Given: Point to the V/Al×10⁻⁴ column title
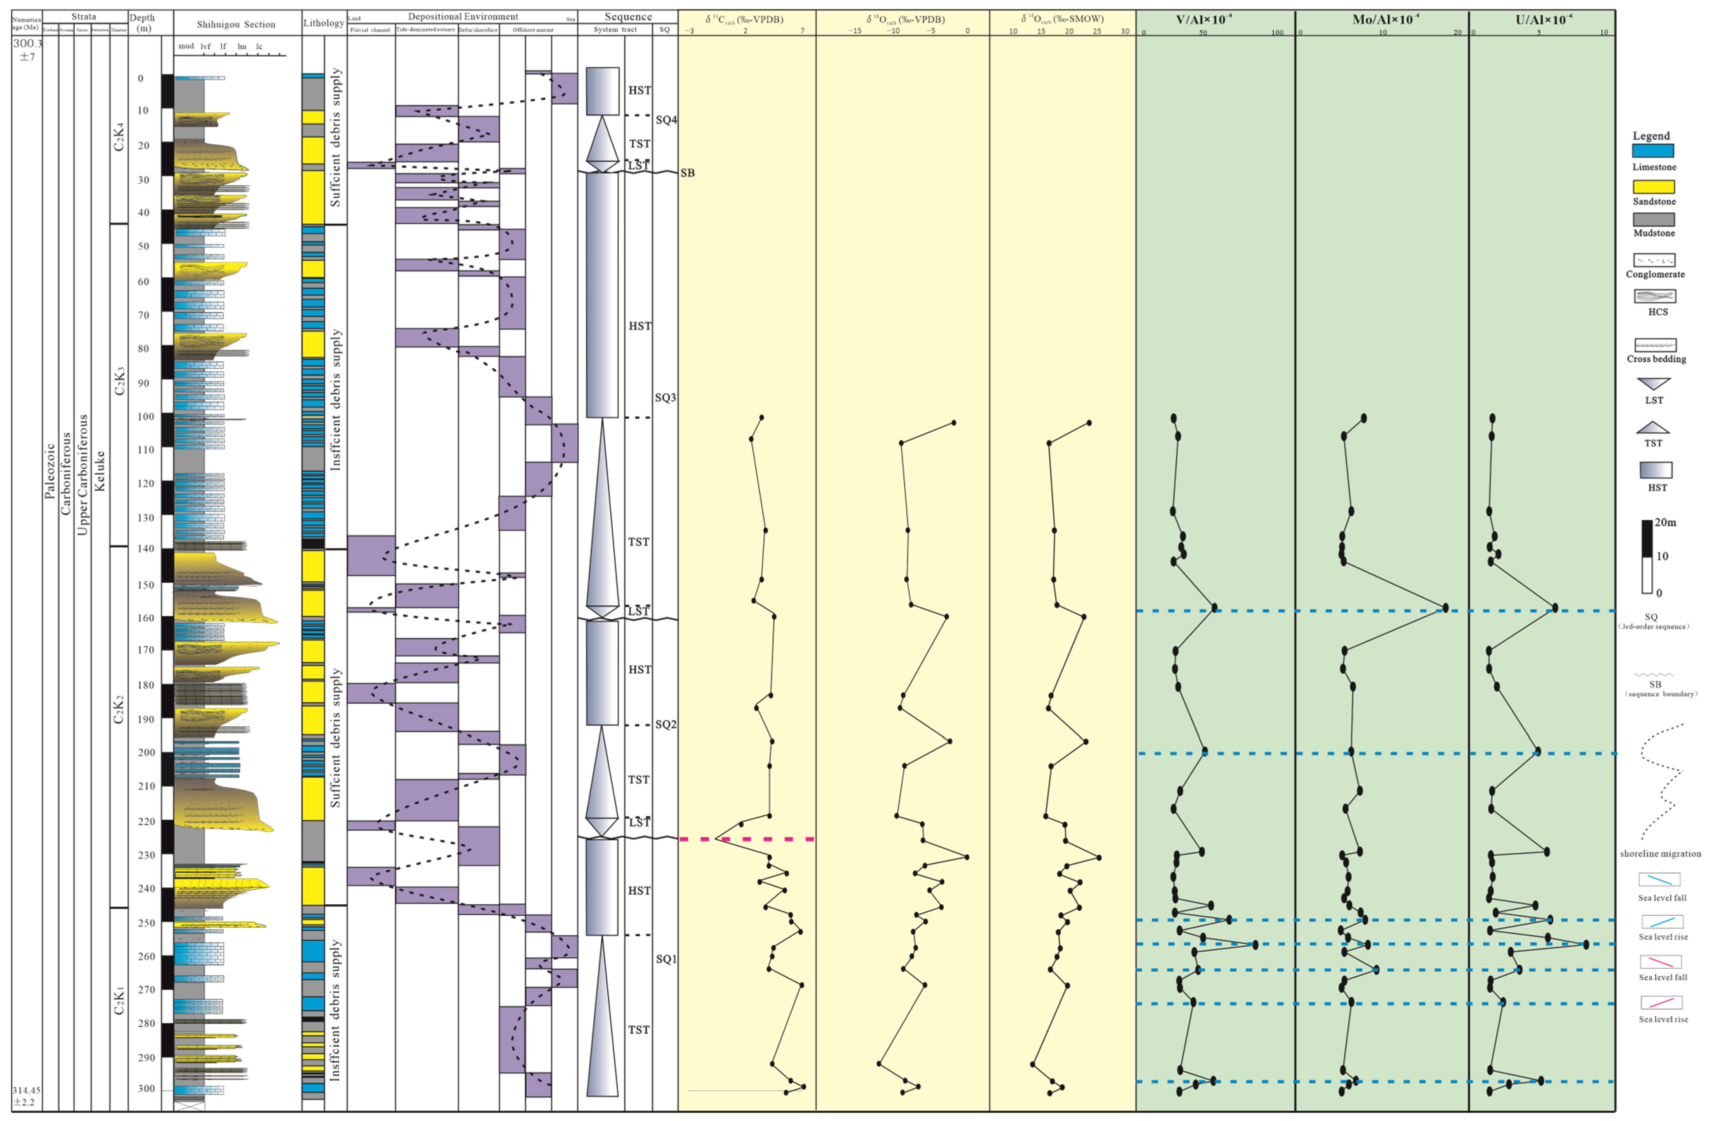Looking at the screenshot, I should (x=1204, y=19).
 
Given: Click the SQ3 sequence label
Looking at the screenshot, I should (x=665, y=397).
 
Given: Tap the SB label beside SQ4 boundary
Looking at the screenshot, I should (x=687, y=173).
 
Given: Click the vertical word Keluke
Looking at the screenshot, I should (x=100, y=470).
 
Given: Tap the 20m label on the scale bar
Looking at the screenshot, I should (x=1665, y=522).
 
